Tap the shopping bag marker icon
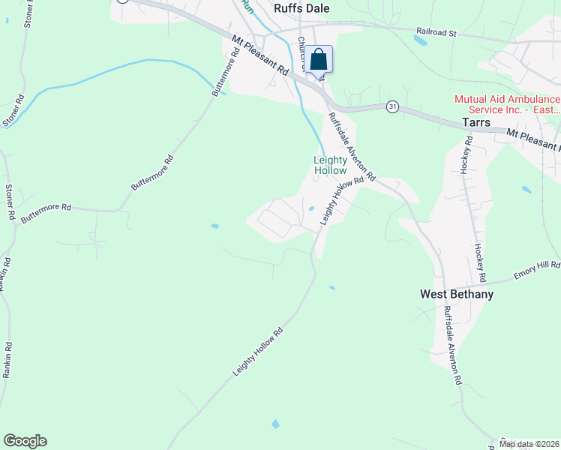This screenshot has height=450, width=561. (x=318, y=59)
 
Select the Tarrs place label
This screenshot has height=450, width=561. (x=475, y=123)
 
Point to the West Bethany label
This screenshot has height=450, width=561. (x=456, y=295)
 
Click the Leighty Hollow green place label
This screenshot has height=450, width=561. (x=330, y=165)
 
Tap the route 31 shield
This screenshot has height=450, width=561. (x=392, y=107)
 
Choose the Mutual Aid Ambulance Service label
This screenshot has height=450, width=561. (x=507, y=104)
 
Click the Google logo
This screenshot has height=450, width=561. (x=25, y=441)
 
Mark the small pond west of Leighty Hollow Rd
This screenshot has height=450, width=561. (x=215, y=226)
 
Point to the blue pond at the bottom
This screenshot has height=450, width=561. (x=275, y=424)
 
